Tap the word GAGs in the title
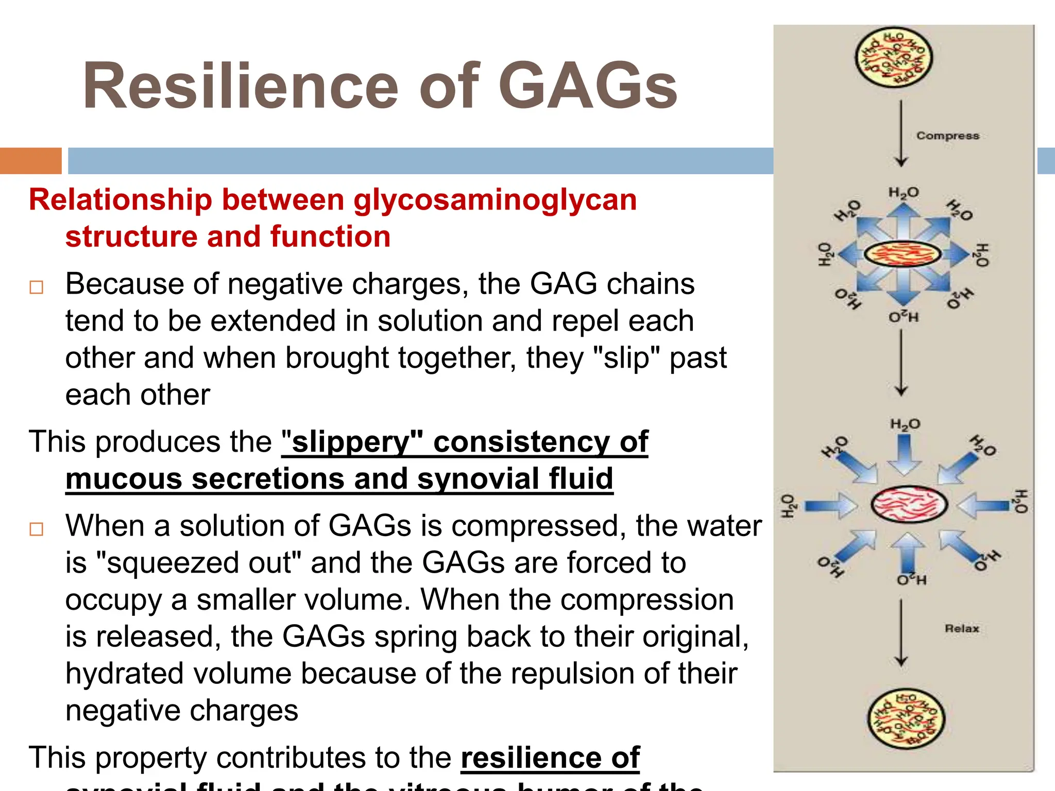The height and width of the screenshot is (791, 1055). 588,86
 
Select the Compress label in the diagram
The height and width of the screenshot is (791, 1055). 947,135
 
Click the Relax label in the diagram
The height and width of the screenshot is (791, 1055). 961,628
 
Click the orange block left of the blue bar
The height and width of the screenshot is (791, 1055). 30,161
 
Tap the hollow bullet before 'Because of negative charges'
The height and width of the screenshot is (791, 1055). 37,287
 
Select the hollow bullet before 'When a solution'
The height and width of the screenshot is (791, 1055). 37,529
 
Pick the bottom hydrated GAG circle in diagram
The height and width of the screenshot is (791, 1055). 906,719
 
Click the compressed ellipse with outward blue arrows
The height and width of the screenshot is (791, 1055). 902,254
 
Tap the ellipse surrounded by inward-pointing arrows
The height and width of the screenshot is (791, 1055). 909,505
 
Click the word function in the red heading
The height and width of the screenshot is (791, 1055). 330,237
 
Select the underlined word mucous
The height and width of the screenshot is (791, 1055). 124,478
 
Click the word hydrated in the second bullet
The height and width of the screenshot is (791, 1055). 124,674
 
